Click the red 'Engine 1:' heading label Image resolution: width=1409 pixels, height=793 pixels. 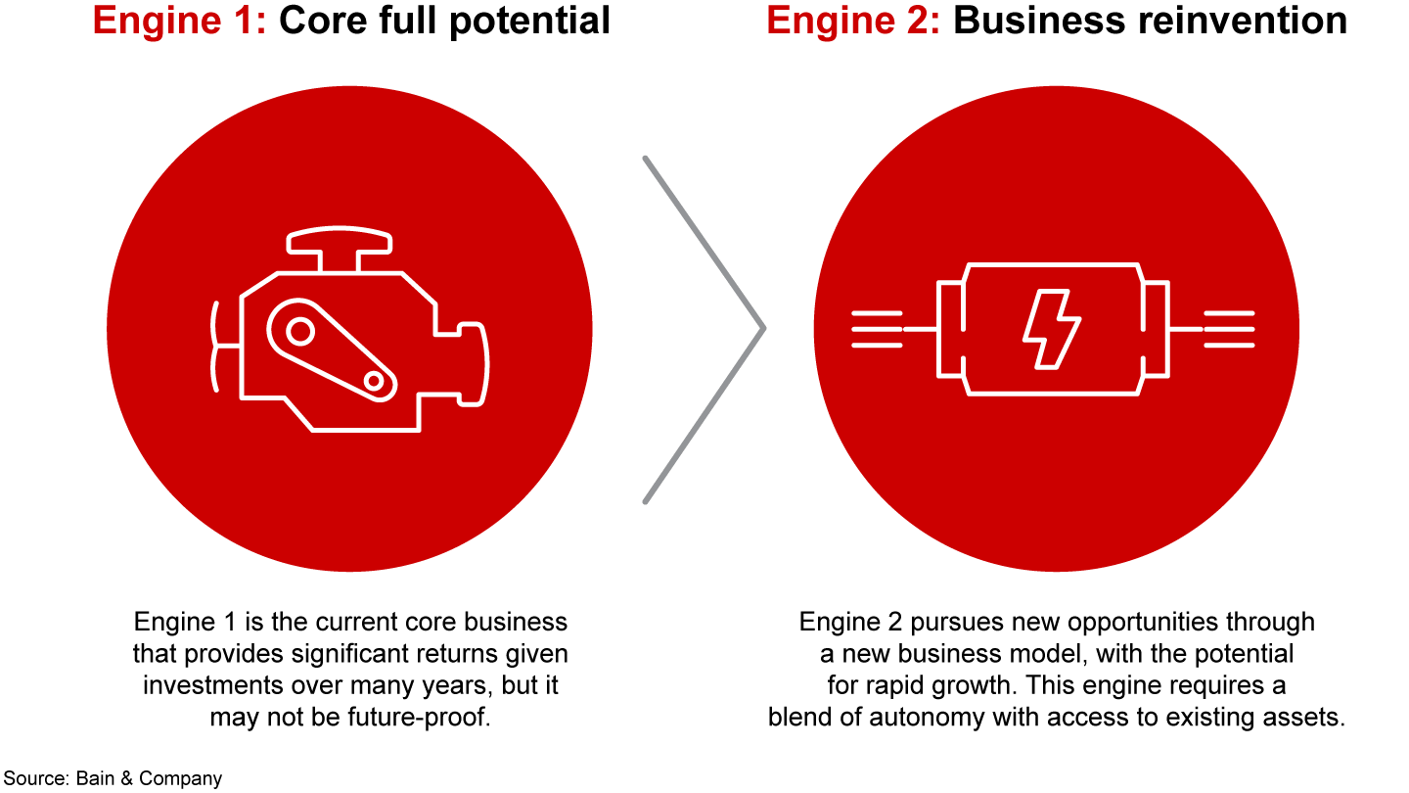tap(180, 20)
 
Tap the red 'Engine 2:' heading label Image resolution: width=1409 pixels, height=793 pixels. tap(852, 20)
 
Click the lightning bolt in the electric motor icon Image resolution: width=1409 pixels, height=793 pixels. tap(1051, 329)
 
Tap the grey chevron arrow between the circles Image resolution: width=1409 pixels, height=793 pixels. tap(704, 329)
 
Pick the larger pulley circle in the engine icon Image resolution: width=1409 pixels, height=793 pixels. tap(300, 333)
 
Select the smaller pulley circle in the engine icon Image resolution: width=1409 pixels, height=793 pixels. tap(374, 380)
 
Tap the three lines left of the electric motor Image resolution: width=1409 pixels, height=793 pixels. tap(876, 329)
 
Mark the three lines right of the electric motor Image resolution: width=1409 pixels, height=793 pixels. tap(1229, 329)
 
